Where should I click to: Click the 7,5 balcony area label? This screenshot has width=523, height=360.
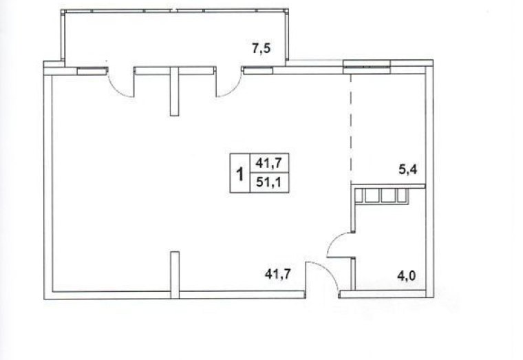point(261,49)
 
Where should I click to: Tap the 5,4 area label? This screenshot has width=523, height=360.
point(408,170)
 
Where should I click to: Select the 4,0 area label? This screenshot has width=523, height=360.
point(407,276)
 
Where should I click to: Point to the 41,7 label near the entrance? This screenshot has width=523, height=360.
point(278,274)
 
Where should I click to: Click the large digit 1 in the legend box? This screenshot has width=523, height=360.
point(239,174)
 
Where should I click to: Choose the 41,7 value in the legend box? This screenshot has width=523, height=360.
point(269,164)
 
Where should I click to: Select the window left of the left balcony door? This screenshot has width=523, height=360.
point(92,70)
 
